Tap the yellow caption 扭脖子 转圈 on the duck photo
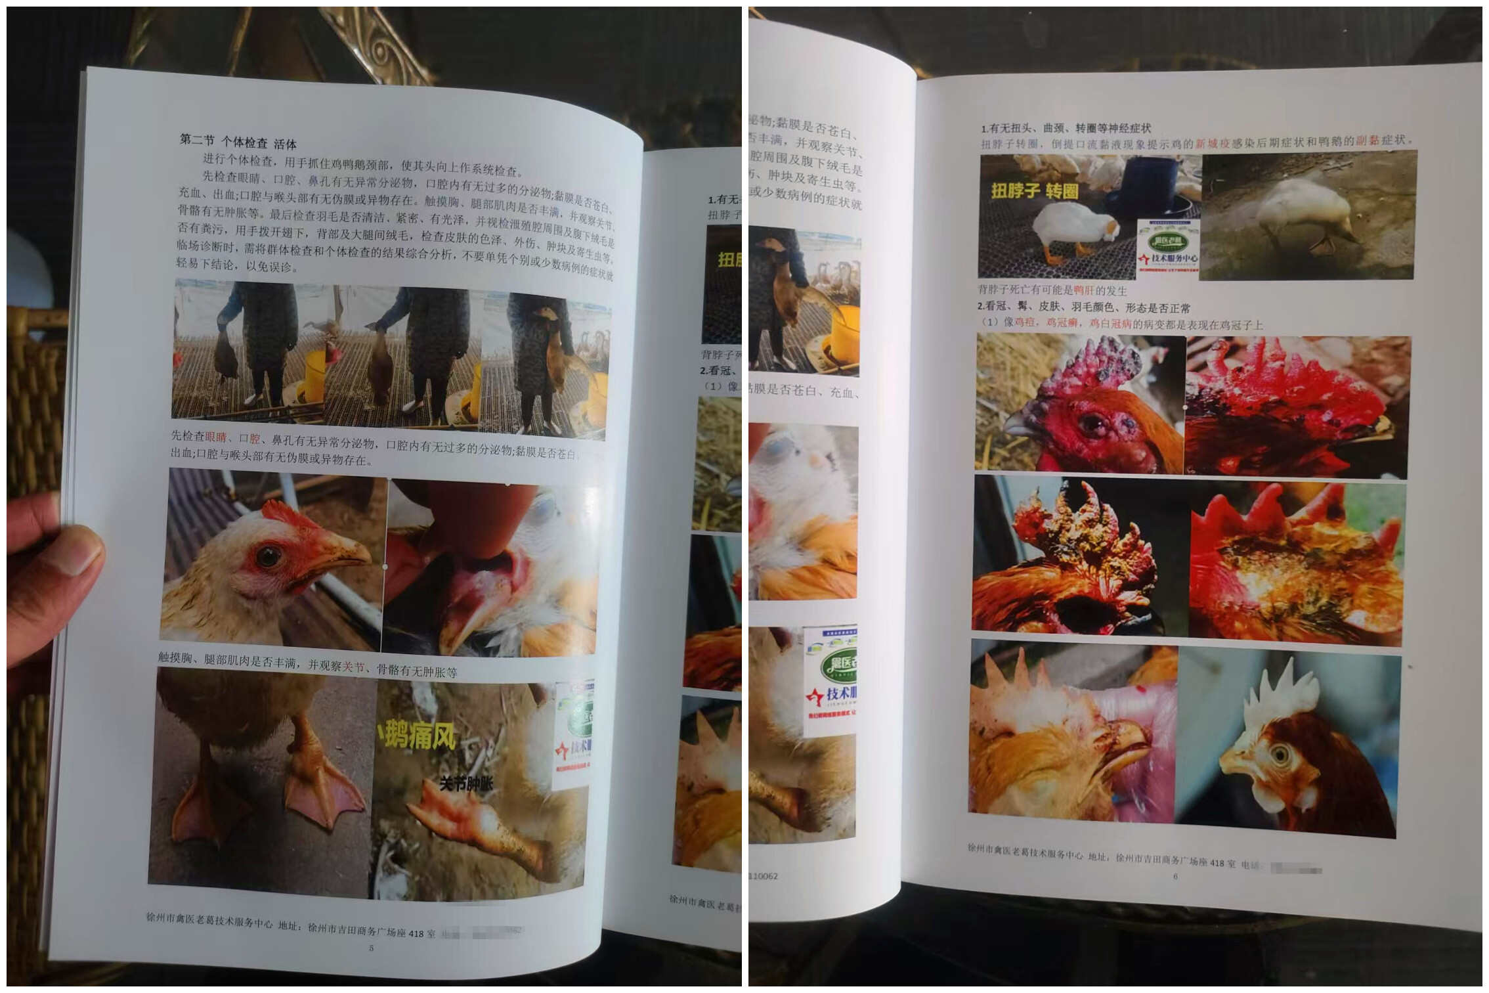[1035, 191]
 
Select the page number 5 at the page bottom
[372, 948]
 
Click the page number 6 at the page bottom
[1175, 876]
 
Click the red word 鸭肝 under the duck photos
[1083, 290]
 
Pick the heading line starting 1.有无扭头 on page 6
[1066, 128]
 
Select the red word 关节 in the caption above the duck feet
[353, 667]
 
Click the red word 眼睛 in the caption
[216, 437]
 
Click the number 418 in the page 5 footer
[416, 933]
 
